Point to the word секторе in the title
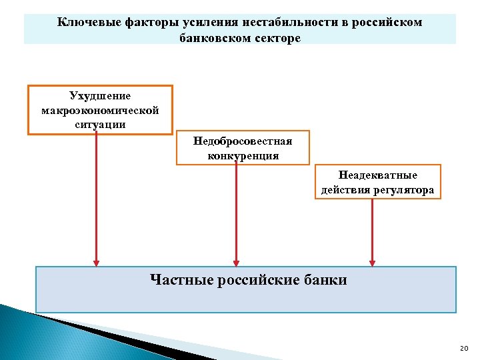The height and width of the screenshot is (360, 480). click(x=277, y=39)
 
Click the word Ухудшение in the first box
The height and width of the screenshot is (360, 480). click(x=100, y=97)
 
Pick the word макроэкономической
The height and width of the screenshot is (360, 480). click(x=100, y=110)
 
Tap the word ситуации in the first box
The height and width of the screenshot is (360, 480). click(x=100, y=124)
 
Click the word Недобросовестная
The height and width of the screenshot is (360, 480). click(x=243, y=141)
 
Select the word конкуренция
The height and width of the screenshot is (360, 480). click(x=243, y=156)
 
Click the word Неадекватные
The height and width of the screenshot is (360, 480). click(x=378, y=175)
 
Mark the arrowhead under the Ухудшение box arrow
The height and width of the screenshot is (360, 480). click(x=97, y=261)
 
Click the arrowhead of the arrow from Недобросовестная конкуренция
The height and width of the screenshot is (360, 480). click(x=235, y=261)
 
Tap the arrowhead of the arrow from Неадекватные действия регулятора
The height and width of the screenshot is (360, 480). click(x=372, y=261)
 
